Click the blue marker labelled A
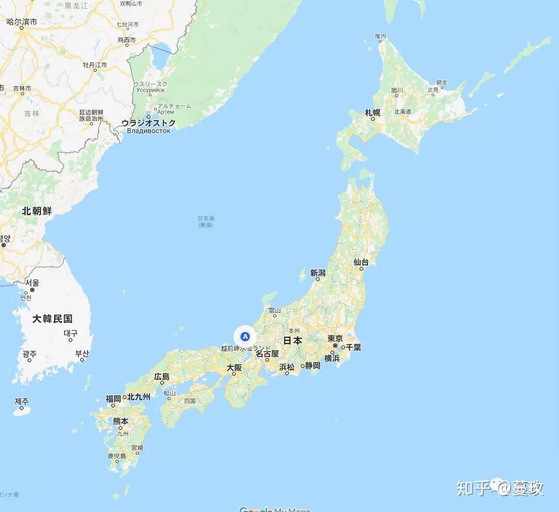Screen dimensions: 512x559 point(245,336)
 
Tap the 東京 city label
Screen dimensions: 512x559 point(335,339)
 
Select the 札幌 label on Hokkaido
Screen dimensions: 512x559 point(373,112)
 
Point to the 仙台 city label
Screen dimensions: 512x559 point(361,262)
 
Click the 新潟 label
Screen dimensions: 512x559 point(317,273)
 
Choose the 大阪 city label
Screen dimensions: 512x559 point(234,367)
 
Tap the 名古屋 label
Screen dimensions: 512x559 point(267,353)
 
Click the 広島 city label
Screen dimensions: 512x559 point(162,377)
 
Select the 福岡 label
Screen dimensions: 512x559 point(113,399)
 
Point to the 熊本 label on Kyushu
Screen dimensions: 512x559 point(121,421)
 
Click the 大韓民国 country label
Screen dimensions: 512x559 point(52,318)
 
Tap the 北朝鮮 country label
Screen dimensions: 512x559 point(36,211)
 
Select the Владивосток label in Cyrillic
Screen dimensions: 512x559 point(148,131)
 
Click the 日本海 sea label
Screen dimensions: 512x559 point(206,219)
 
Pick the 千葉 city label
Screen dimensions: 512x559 point(353,347)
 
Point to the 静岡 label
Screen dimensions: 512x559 point(313,365)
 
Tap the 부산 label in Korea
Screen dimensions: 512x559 point(82,354)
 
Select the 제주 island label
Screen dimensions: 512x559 point(22,401)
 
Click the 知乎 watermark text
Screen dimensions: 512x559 point(473,488)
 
